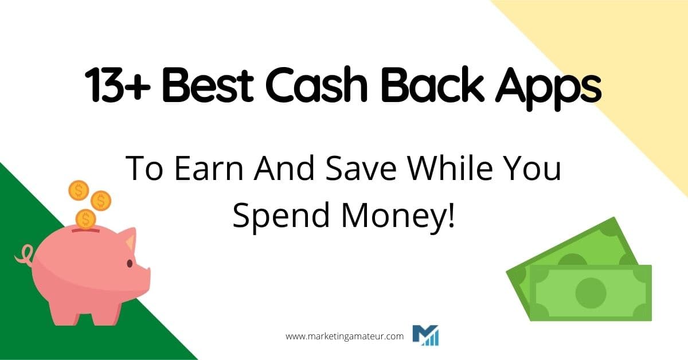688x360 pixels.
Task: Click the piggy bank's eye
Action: [x=129, y=264]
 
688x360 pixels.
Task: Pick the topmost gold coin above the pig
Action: [x=79, y=190]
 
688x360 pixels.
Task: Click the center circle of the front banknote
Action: [x=591, y=293]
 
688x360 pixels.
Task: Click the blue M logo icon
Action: [x=425, y=335]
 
